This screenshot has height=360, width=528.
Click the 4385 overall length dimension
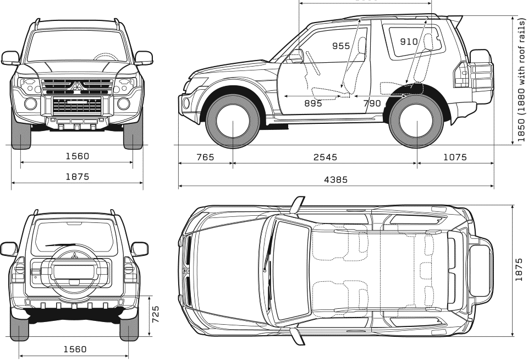335,179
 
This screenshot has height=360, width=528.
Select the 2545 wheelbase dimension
325,157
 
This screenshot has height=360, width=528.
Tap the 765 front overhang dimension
205,157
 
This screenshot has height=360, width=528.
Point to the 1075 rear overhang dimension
454,157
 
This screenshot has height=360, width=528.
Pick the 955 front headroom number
341,46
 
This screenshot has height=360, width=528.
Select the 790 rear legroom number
372,103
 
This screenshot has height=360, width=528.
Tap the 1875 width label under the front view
76,177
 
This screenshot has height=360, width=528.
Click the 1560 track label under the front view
76,156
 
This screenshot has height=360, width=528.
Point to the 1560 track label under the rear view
75,349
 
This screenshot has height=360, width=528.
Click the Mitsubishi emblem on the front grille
77,86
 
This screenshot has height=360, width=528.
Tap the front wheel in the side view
233,121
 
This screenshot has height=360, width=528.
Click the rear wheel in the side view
417,121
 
